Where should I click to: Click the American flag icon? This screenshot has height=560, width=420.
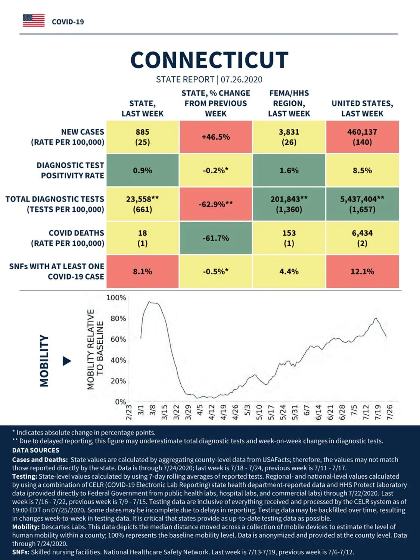tap(34, 21)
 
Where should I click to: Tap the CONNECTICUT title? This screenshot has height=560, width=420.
tap(209, 60)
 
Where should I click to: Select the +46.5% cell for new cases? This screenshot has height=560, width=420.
tap(216, 137)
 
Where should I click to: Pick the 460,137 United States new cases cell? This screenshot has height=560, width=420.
tap(363, 137)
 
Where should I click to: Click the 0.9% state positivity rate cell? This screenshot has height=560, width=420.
tap(143, 170)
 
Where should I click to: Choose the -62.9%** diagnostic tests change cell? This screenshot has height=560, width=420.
tap(216, 204)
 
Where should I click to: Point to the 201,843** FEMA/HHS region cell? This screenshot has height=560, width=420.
tap(289, 204)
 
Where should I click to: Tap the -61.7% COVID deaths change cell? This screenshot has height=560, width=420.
tap(216, 238)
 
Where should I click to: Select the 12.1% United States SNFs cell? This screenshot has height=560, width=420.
tap(363, 271)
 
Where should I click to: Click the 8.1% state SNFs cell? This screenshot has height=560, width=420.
tap(143, 271)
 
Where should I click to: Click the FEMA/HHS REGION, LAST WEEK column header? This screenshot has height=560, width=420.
tap(289, 103)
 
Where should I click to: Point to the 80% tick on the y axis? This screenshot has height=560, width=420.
tap(118, 319)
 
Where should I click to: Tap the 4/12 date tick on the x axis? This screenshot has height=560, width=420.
tap(211, 412)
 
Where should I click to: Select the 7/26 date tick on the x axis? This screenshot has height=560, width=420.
tap(390, 412)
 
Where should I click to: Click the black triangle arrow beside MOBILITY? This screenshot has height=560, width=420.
tap(67, 361)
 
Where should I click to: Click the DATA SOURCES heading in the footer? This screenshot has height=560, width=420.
tap(36, 450)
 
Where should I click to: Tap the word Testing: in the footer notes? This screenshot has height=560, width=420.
tap(25, 477)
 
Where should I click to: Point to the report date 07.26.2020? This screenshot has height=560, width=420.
tap(242, 80)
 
